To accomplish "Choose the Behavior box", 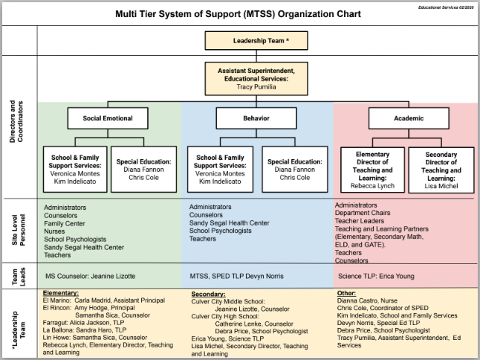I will click(256, 118).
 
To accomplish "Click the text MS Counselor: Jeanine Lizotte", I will click(90, 276).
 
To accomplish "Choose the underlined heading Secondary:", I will click(208, 292).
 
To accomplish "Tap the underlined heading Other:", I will click(346, 292).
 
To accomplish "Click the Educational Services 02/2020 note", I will click(444, 5).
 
